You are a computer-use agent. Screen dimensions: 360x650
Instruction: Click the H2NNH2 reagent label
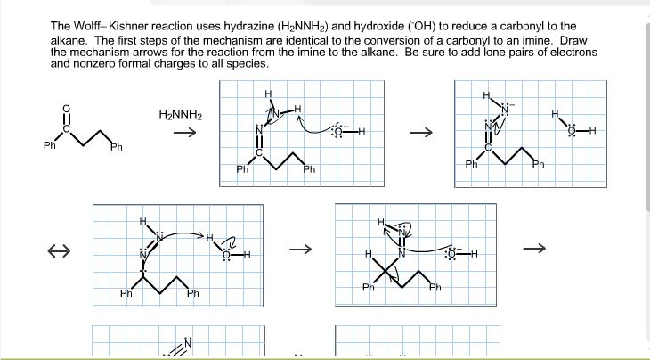tap(181, 116)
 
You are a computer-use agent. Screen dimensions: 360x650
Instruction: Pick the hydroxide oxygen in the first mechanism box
tap(337, 132)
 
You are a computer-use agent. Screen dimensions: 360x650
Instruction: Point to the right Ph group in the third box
tap(192, 293)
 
